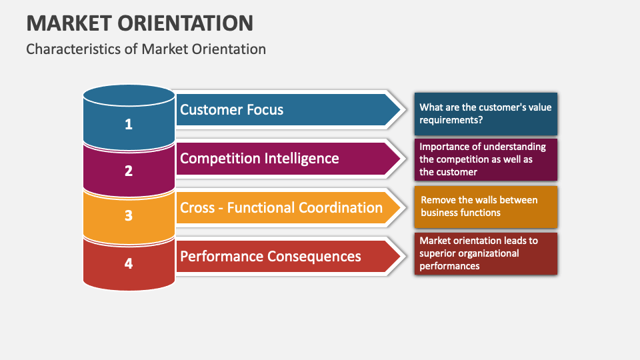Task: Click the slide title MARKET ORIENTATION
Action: click(139, 23)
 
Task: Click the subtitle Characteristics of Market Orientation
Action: click(146, 49)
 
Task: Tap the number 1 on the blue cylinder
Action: click(129, 124)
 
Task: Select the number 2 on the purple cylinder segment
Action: click(129, 171)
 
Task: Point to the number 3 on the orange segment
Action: click(129, 216)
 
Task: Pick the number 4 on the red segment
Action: click(129, 263)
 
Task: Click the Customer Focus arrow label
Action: click(231, 110)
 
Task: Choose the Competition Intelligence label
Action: click(259, 158)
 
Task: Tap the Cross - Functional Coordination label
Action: click(281, 207)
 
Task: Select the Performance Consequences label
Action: click(271, 256)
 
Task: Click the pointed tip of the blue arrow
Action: click(402, 110)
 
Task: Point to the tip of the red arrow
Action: click(402, 256)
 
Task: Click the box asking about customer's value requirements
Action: click(485, 114)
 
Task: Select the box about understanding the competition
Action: click(485, 159)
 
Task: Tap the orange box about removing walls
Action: click(485, 207)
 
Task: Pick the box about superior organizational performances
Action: click(485, 253)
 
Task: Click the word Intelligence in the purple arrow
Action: click(299, 158)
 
